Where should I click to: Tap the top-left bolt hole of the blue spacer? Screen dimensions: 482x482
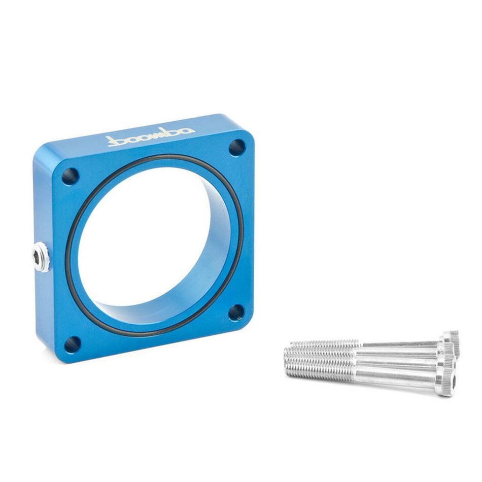coord(70,177)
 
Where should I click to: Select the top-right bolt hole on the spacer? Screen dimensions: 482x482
coord(237,148)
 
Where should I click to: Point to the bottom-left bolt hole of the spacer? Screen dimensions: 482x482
coord(72,345)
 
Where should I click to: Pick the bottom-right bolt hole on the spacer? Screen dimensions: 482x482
coord(236,313)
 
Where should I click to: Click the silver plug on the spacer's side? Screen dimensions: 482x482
coord(41,257)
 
